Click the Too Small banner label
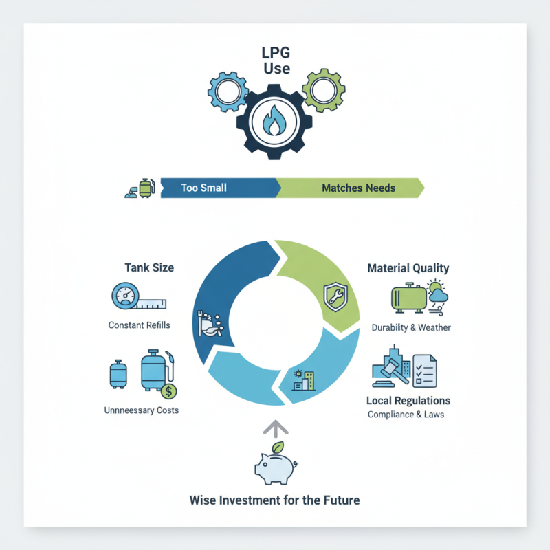[x=203, y=188]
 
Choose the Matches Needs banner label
[x=358, y=188]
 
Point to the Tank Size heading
[x=148, y=267]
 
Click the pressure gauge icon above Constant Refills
[x=125, y=298]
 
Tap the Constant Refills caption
[x=139, y=324]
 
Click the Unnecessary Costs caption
[x=141, y=410]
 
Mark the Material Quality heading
[x=408, y=268]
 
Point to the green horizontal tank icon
[x=408, y=297]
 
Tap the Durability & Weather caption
[x=411, y=327]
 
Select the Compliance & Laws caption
[x=406, y=414]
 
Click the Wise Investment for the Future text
[x=274, y=500]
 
